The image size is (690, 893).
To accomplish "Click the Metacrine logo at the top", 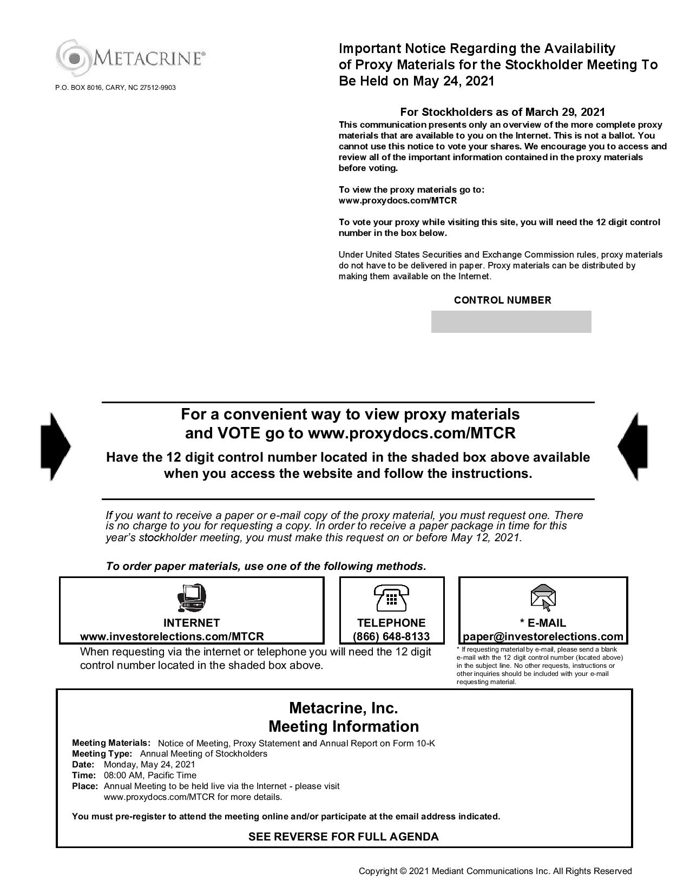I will pyautogui.click(x=130, y=57).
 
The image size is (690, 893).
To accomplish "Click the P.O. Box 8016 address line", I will pyautogui.click(x=115, y=88).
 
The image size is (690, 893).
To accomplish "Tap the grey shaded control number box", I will pyautogui.click(x=511, y=321).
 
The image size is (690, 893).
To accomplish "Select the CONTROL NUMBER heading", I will pyautogui.click(x=502, y=300).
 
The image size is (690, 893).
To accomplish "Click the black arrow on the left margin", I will pyautogui.click(x=55, y=447).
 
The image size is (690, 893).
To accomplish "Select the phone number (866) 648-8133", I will pyautogui.click(x=391, y=636).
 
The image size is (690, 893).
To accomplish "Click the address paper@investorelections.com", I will pyautogui.click(x=543, y=636).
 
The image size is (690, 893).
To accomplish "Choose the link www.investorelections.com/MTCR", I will pyautogui.click(x=172, y=636).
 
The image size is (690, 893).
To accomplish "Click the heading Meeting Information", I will pyautogui.click(x=344, y=726).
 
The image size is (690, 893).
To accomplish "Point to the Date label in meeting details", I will pyautogui.click(x=83, y=765).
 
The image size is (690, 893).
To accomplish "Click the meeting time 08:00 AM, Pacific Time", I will pyautogui.click(x=150, y=775).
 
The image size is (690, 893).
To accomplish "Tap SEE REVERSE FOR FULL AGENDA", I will pyautogui.click(x=344, y=837).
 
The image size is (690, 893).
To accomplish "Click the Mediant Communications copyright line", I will pyautogui.click(x=495, y=871).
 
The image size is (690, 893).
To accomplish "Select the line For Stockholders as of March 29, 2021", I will pyautogui.click(x=502, y=112).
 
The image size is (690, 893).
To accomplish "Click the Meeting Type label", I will pyautogui.click(x=102, y=754).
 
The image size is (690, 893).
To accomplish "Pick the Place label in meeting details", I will pyautogui.click(x=85, y=786).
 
